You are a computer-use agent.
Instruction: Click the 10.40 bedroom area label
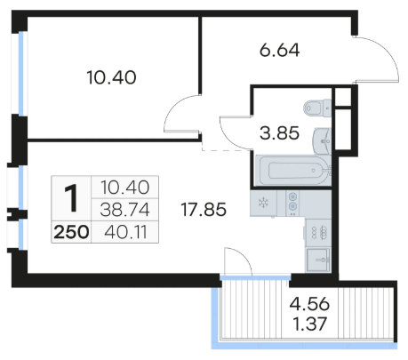click(111, 77)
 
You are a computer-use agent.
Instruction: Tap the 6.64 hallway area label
click(279, 51)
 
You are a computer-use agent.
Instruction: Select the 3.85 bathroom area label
click(279, 133)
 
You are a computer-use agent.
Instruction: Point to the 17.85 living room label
click(204, 210)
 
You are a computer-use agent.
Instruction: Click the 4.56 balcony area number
click(309, 304)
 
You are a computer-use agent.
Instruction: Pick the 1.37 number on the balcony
click(309, 324)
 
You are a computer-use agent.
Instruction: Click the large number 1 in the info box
click(71, 198)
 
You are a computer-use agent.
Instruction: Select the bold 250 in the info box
click(71, 232)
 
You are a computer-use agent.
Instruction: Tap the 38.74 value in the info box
click(124, 210)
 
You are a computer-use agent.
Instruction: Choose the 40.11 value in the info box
click(125, 232)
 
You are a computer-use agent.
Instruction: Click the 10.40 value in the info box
click(125, 188)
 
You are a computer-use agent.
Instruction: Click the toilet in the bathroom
click(317, 108)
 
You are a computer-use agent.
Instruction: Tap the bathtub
click(292, 171)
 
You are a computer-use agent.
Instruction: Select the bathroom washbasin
click(322, 141)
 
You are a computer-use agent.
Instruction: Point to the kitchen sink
click(318, 260)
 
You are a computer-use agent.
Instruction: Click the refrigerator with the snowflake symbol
click(263, 204)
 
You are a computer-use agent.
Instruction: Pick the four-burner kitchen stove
click(319, 233)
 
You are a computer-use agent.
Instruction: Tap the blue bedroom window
click(21, 74)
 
